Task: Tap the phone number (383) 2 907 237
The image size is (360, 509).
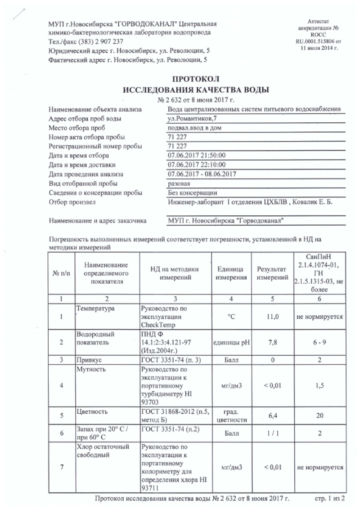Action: [98, 41]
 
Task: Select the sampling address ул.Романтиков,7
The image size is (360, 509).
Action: [191, 119]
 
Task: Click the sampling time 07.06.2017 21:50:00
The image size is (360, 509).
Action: [196, 156]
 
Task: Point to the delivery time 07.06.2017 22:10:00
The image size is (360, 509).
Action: [196, 165]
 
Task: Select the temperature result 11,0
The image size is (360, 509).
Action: [272, 317]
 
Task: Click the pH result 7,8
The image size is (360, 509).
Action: [272, 342]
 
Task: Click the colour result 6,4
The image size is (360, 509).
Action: [272, 416]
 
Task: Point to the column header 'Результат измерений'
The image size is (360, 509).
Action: [272, 273]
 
